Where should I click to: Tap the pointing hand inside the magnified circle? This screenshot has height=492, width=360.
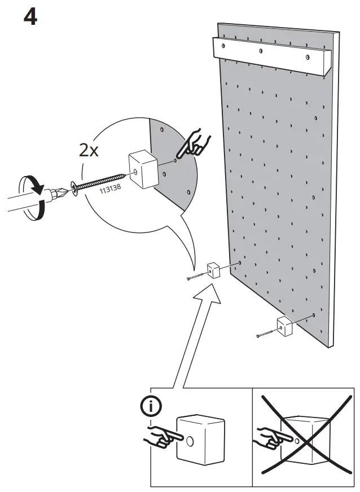pyautogui.click(x=192, y=144)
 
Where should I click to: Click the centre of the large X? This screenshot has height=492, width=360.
pyautogui.click(x=304, y=434)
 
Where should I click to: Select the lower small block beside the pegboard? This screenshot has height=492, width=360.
pyautogui.click(x=284, y=327)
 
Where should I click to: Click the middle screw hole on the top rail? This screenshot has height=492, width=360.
pyautogui.click(x=261, y=51)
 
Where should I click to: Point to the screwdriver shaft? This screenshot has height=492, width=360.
pyautogui.click(x=23, y=200)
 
